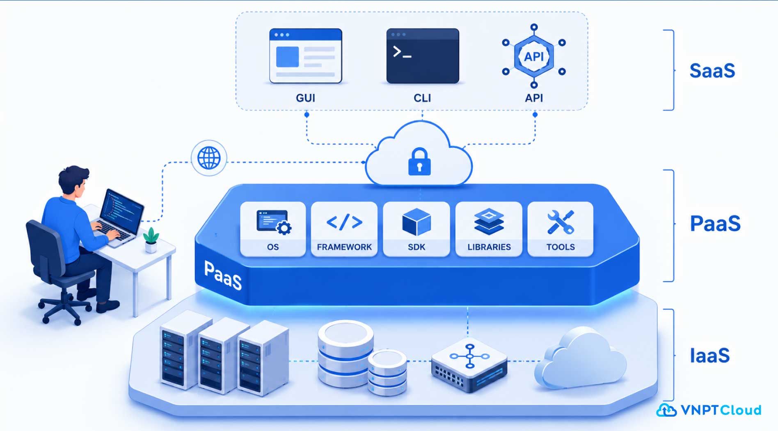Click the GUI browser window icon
(x=306, y=56)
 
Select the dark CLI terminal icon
(x=423, y=56)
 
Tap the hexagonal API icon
(x=534, y=56)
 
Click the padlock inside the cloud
(x=419, y=162)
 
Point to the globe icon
(x=209, y=158)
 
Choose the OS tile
(x=273, y=229)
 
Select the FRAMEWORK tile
(x=344, y=229)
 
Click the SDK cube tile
(x=416, y=229)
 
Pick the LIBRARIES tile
(x=489, y=229)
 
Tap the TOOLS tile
(x=561, y=229)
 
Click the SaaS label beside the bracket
(x=712, y=71)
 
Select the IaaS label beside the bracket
(x=710, y=355)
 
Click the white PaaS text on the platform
(x=223, y=275)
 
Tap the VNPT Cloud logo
(x=709, y=410)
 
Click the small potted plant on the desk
(x=151, y=240)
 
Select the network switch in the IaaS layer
(x=469, y=365)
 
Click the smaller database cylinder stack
(x=387, y=372)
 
